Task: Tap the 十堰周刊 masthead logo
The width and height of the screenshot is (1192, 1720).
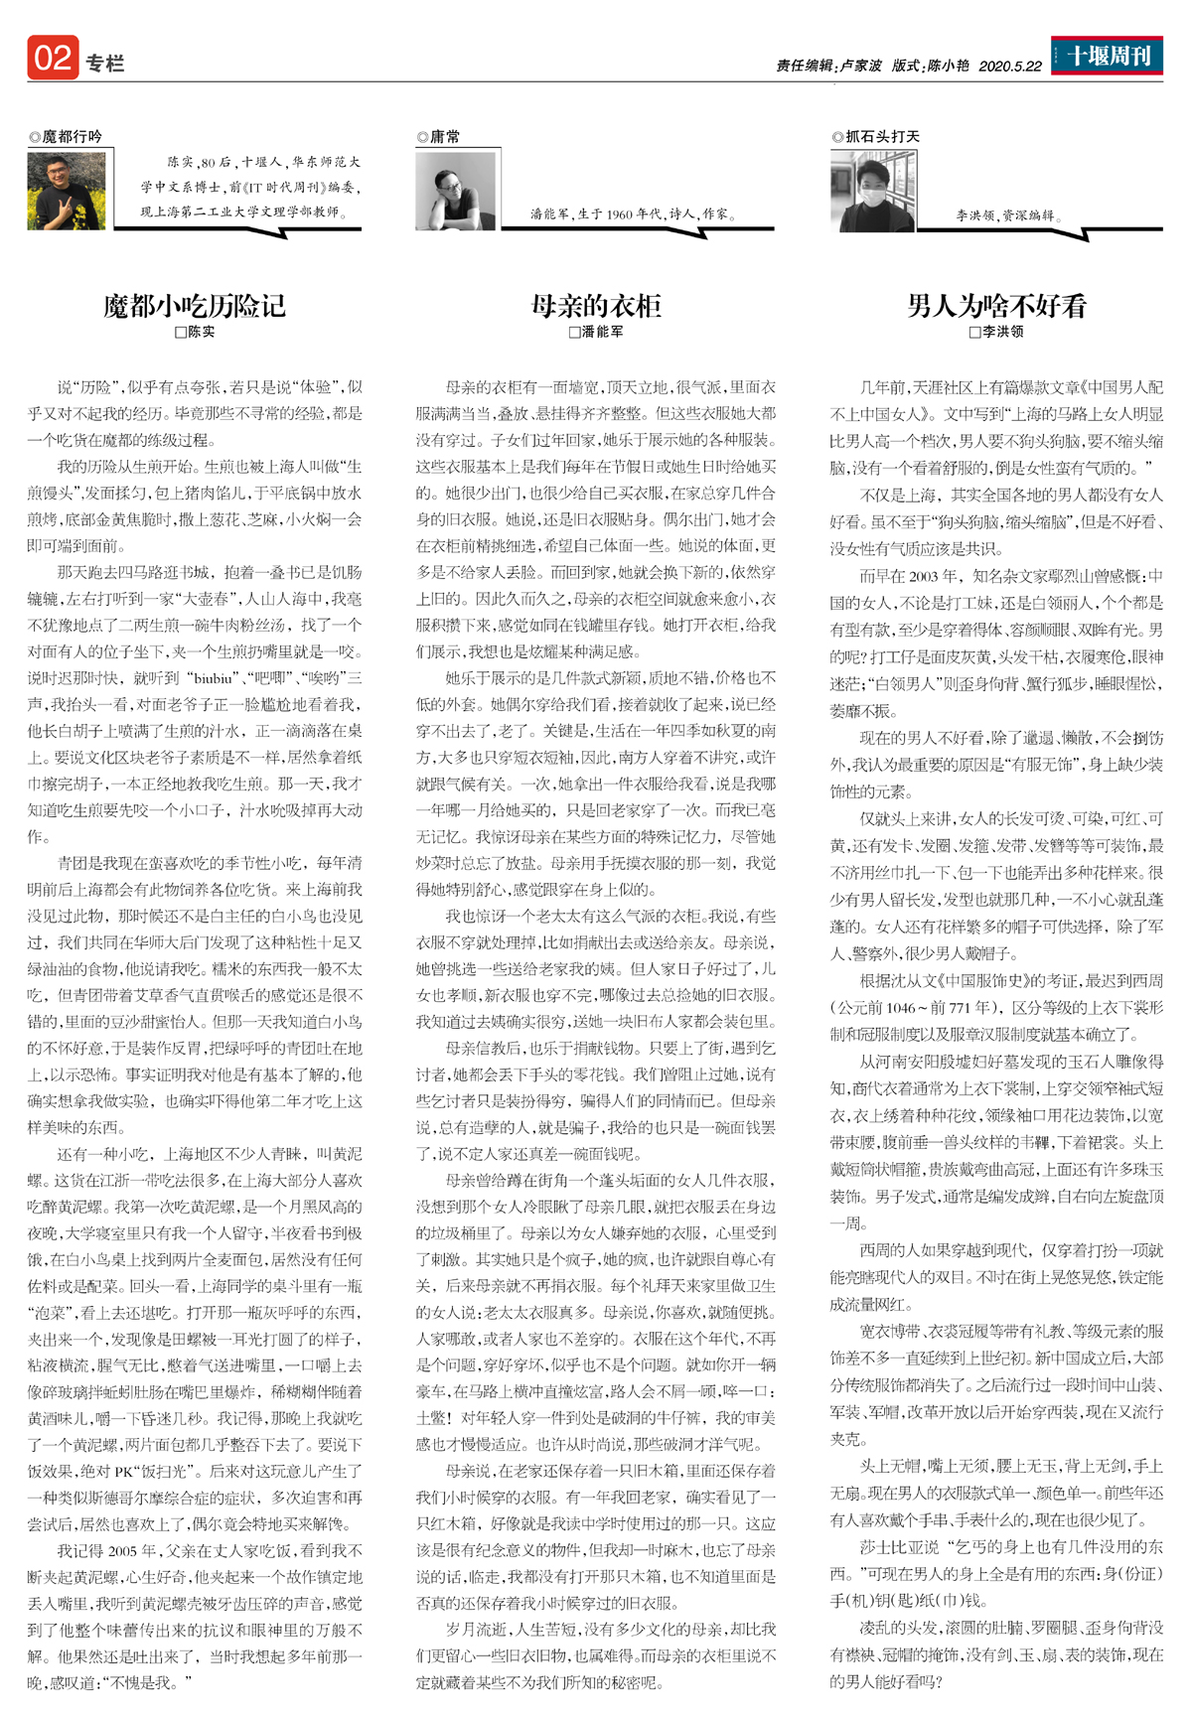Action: (1108, 56)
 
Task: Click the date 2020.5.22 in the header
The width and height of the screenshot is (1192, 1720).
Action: (1010, 66)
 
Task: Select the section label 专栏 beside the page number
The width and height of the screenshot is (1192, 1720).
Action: (104, 64)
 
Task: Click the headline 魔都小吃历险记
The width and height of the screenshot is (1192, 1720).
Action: (195, 305)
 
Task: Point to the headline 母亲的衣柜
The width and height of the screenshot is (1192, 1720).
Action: (596, 305)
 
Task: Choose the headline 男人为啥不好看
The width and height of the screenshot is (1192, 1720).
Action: (996, 305)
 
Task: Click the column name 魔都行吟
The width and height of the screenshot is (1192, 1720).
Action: (71, 137)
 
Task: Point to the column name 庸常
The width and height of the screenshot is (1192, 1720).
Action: (444, 137)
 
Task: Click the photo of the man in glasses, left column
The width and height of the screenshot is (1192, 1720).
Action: (67, 191)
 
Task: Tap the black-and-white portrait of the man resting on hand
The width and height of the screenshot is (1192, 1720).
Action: (455, 191)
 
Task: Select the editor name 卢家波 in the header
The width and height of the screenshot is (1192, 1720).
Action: (860, 66)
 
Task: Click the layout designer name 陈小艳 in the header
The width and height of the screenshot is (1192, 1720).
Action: (948, 66)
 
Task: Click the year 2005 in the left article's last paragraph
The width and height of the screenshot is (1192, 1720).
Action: (122, 1550)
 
